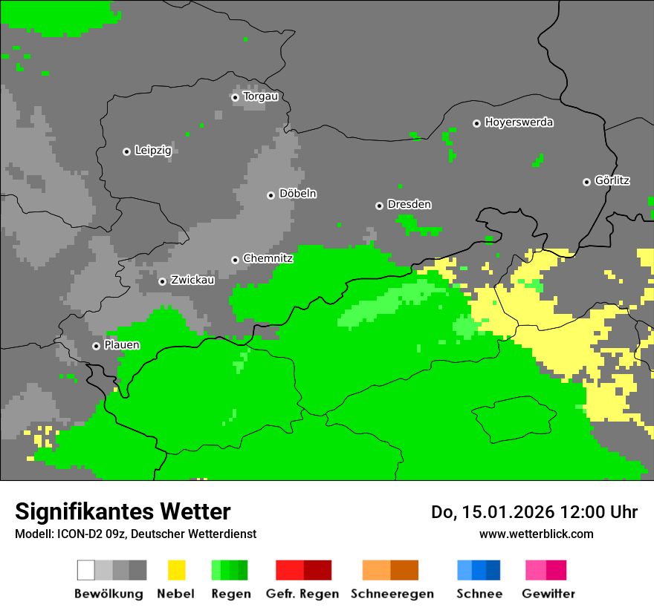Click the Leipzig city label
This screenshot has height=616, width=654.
pos(153,151)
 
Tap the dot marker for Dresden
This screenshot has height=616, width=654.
pos(379,206)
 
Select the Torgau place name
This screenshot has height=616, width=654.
pos(260,96)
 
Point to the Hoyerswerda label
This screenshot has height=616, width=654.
pos(519,122)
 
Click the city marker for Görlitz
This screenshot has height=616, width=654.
pos(586,182)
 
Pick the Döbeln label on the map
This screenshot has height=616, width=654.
pos(297,194)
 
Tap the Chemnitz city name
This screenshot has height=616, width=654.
pos(268,259)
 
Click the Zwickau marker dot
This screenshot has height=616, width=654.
pos(162,281)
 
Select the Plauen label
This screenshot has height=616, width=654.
pos(122,346)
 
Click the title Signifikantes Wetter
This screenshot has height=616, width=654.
pos(123,512)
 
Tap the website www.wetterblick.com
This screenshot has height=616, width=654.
pos(536,534)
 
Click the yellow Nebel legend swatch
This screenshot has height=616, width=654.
pos(176,570)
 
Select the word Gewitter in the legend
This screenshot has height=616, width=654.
pos(548,594)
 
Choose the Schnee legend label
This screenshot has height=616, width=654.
pos(479,594)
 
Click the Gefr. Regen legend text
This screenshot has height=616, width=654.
pos(302,594)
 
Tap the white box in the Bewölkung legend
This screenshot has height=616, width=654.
pos(86,570)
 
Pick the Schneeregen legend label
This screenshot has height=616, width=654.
pos(392,594)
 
